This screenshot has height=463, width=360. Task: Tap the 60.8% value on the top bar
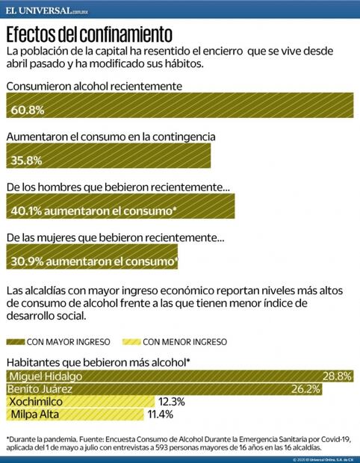coord(28,110)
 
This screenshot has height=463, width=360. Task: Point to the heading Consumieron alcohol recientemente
coord(95,87)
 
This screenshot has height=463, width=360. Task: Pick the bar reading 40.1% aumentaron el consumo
coord(93,211)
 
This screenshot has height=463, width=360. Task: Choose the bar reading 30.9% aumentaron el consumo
coord(94,261)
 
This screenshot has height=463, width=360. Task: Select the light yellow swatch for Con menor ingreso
coord(131,342)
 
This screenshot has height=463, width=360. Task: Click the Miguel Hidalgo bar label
coord(46,376)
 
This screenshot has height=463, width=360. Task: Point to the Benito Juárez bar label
coord(42,389)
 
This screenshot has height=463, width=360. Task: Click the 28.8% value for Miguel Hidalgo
coord(336,376)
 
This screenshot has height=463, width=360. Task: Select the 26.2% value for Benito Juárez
coord(306,389)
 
